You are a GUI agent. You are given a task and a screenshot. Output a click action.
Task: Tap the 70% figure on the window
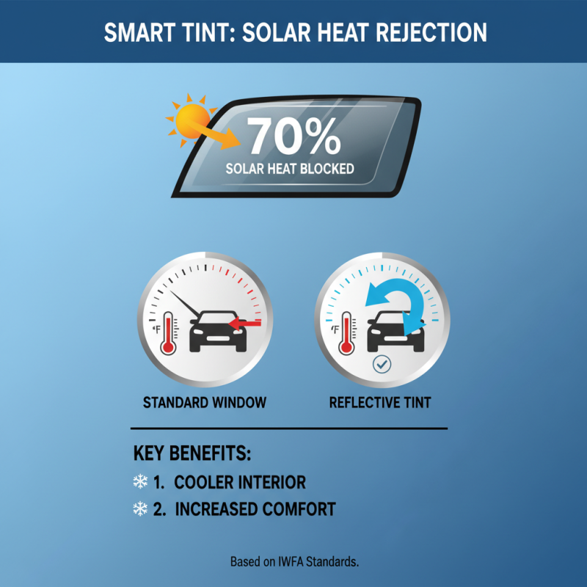pyautogui.click(x=293, y=136)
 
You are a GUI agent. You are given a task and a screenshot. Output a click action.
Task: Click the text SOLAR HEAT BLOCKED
pyautogui.click(x=290, y=169)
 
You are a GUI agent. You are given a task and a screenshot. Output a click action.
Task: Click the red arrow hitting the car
pyautogui.click(x=246, y=321)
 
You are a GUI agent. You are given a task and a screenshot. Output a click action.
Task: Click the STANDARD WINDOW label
pyautogui.click(x=205, y=402)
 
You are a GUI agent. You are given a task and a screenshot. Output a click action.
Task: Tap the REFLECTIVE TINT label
pyautogui.click(x=380, y=402)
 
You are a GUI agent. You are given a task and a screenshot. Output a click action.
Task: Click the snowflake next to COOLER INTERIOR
pyautogui.click(x=140, y=482)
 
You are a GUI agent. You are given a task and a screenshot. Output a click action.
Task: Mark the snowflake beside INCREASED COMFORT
pyautogui.click(x=140, y=508)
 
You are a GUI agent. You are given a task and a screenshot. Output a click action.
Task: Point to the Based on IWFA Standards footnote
pyautogui.click(x=294, y=562)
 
